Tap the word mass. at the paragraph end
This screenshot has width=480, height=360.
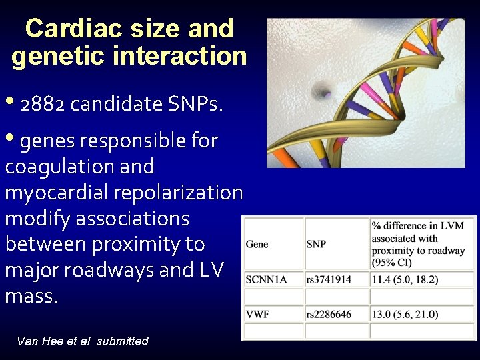coord(31,296)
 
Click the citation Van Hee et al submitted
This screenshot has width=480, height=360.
coord(83,341)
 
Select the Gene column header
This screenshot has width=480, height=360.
coord(257,244)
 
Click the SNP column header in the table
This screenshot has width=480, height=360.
coord(316,244)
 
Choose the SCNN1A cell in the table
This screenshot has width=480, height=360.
coord(266,279)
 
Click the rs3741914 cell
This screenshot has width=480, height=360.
coord(328,279)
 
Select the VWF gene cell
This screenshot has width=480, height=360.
coord(257,314)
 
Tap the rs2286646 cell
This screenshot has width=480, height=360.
coord(328,314)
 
